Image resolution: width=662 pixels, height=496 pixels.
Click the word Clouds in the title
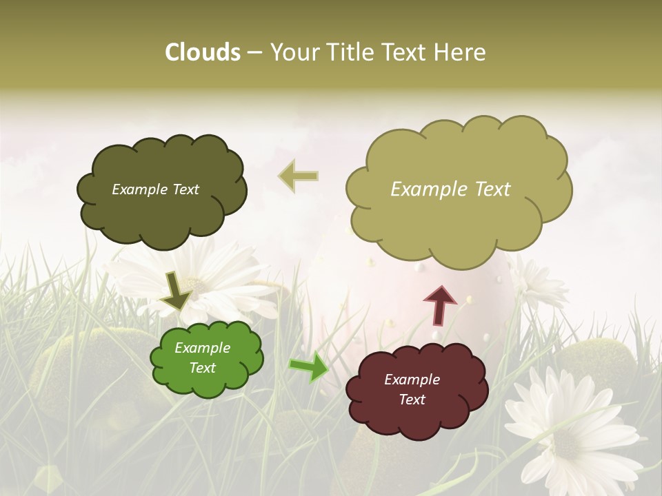click(203, 52)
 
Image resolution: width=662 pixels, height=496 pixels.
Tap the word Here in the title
click(460, 52)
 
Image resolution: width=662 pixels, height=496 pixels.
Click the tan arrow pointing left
click(298, 176)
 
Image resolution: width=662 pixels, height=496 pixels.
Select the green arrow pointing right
click(309, 367)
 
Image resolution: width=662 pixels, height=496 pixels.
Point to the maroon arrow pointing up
click(439, 305)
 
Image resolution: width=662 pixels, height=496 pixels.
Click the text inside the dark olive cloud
click(155, 189)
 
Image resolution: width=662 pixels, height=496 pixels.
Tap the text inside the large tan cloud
click(450, 189)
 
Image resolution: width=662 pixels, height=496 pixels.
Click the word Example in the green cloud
click(202, 348)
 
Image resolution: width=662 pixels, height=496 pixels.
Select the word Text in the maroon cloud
click(412, 400)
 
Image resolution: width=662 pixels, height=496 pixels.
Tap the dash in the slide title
click(254, 53)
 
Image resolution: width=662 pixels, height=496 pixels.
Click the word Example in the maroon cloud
click(412, 380)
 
